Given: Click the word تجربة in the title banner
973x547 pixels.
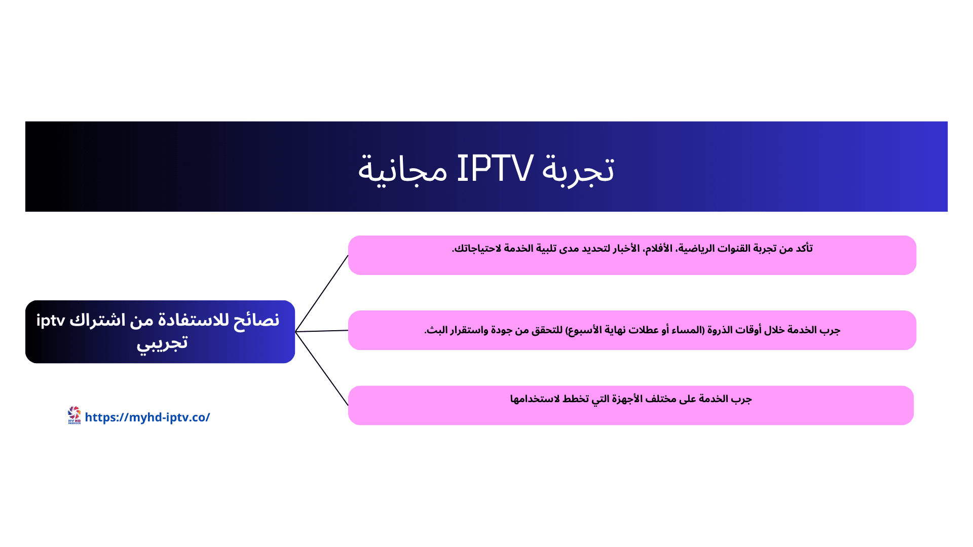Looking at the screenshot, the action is (578, 170).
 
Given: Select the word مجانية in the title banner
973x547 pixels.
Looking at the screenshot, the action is (402, 170).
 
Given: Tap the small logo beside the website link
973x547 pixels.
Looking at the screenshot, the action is (74, 415).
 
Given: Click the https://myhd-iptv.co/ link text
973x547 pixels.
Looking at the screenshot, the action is (147, 417).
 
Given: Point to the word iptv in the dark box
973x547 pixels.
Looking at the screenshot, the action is (51, 321).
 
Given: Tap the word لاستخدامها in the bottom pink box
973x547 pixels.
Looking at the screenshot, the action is (535, 399).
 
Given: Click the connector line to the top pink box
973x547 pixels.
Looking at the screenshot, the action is (322, 293).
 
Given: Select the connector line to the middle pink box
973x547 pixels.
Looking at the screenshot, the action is (322, 331).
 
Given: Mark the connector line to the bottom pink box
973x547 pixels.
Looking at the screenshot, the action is (322, 369).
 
